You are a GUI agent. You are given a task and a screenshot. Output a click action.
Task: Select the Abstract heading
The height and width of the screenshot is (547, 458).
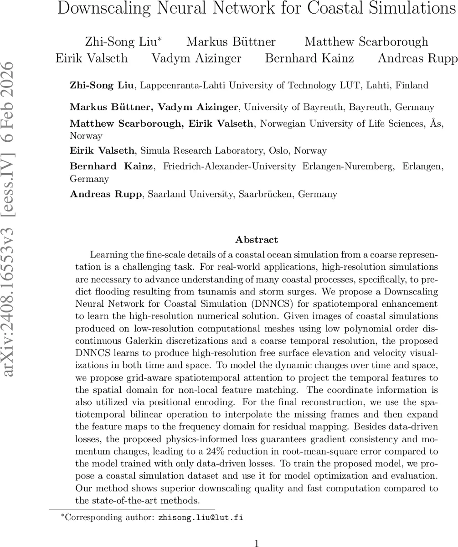257,240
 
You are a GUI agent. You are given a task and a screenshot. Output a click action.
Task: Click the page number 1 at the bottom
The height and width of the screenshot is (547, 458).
257,542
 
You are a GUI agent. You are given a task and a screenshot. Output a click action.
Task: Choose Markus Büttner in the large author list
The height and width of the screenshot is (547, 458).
231,42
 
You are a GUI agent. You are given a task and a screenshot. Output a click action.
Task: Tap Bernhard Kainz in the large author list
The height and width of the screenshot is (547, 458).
309,58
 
